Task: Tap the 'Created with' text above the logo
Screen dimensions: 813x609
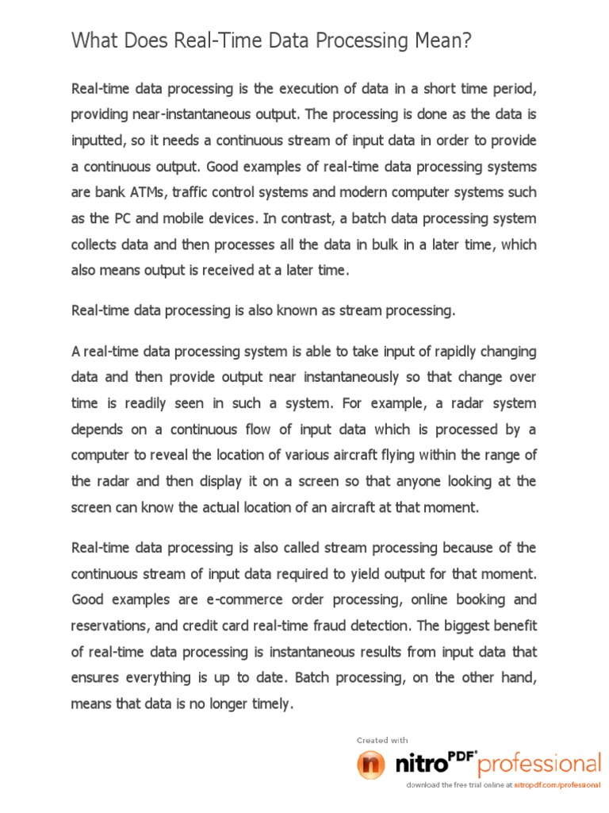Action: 382,740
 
